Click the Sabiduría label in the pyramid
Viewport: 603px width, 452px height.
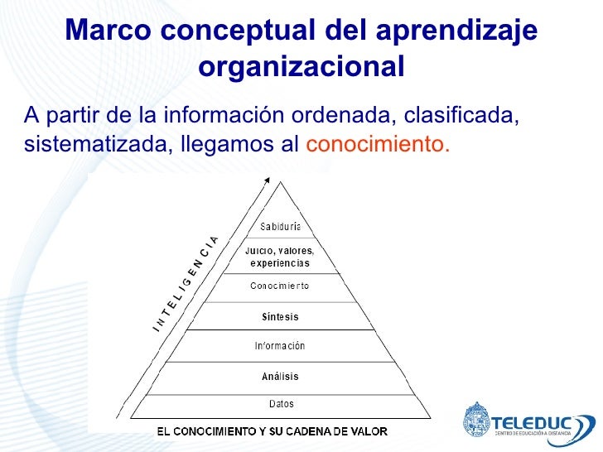(280, 227)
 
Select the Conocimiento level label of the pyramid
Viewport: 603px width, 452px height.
(280, 286)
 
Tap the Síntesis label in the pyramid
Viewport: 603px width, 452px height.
(280, 317)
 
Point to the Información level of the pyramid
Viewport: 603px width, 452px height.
(280, 346)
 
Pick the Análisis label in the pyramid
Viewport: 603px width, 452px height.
(280, 376)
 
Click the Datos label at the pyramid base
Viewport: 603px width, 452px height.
(281, 404)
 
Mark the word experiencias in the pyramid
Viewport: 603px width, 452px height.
(280, 263)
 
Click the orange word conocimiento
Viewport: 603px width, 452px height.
(378, 144)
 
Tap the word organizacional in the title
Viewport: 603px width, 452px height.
(301, 66)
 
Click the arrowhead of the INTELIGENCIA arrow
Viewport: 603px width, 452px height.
(266, 180)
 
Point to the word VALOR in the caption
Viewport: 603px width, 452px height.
(369, 431)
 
